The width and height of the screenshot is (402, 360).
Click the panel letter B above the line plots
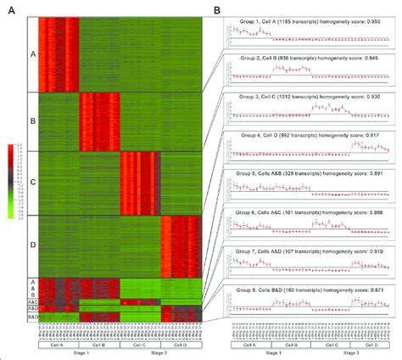coord(218,10)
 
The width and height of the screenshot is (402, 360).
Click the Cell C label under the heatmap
coord(139,346)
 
